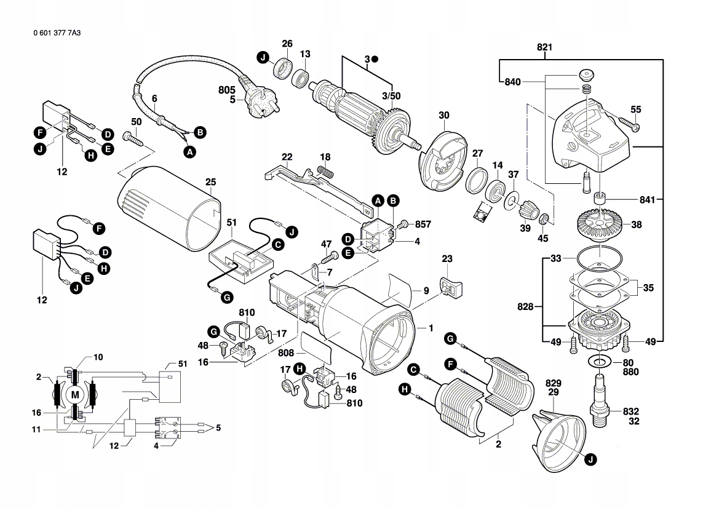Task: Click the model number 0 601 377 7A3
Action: point(57,33)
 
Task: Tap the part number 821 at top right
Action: point(544,47)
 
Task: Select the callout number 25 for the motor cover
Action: point(210,182)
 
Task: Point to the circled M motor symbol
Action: point(75,395)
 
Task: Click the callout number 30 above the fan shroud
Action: point(444,115)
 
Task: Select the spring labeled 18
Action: point(325,173)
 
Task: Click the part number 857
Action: point(423,224)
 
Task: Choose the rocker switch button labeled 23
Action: point(450,287)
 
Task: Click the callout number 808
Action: point(285,352)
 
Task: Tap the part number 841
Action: point(648,199)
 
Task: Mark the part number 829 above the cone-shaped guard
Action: point(554,383)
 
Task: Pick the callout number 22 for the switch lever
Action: point(287,157)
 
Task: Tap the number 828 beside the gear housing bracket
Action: point(525,306)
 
